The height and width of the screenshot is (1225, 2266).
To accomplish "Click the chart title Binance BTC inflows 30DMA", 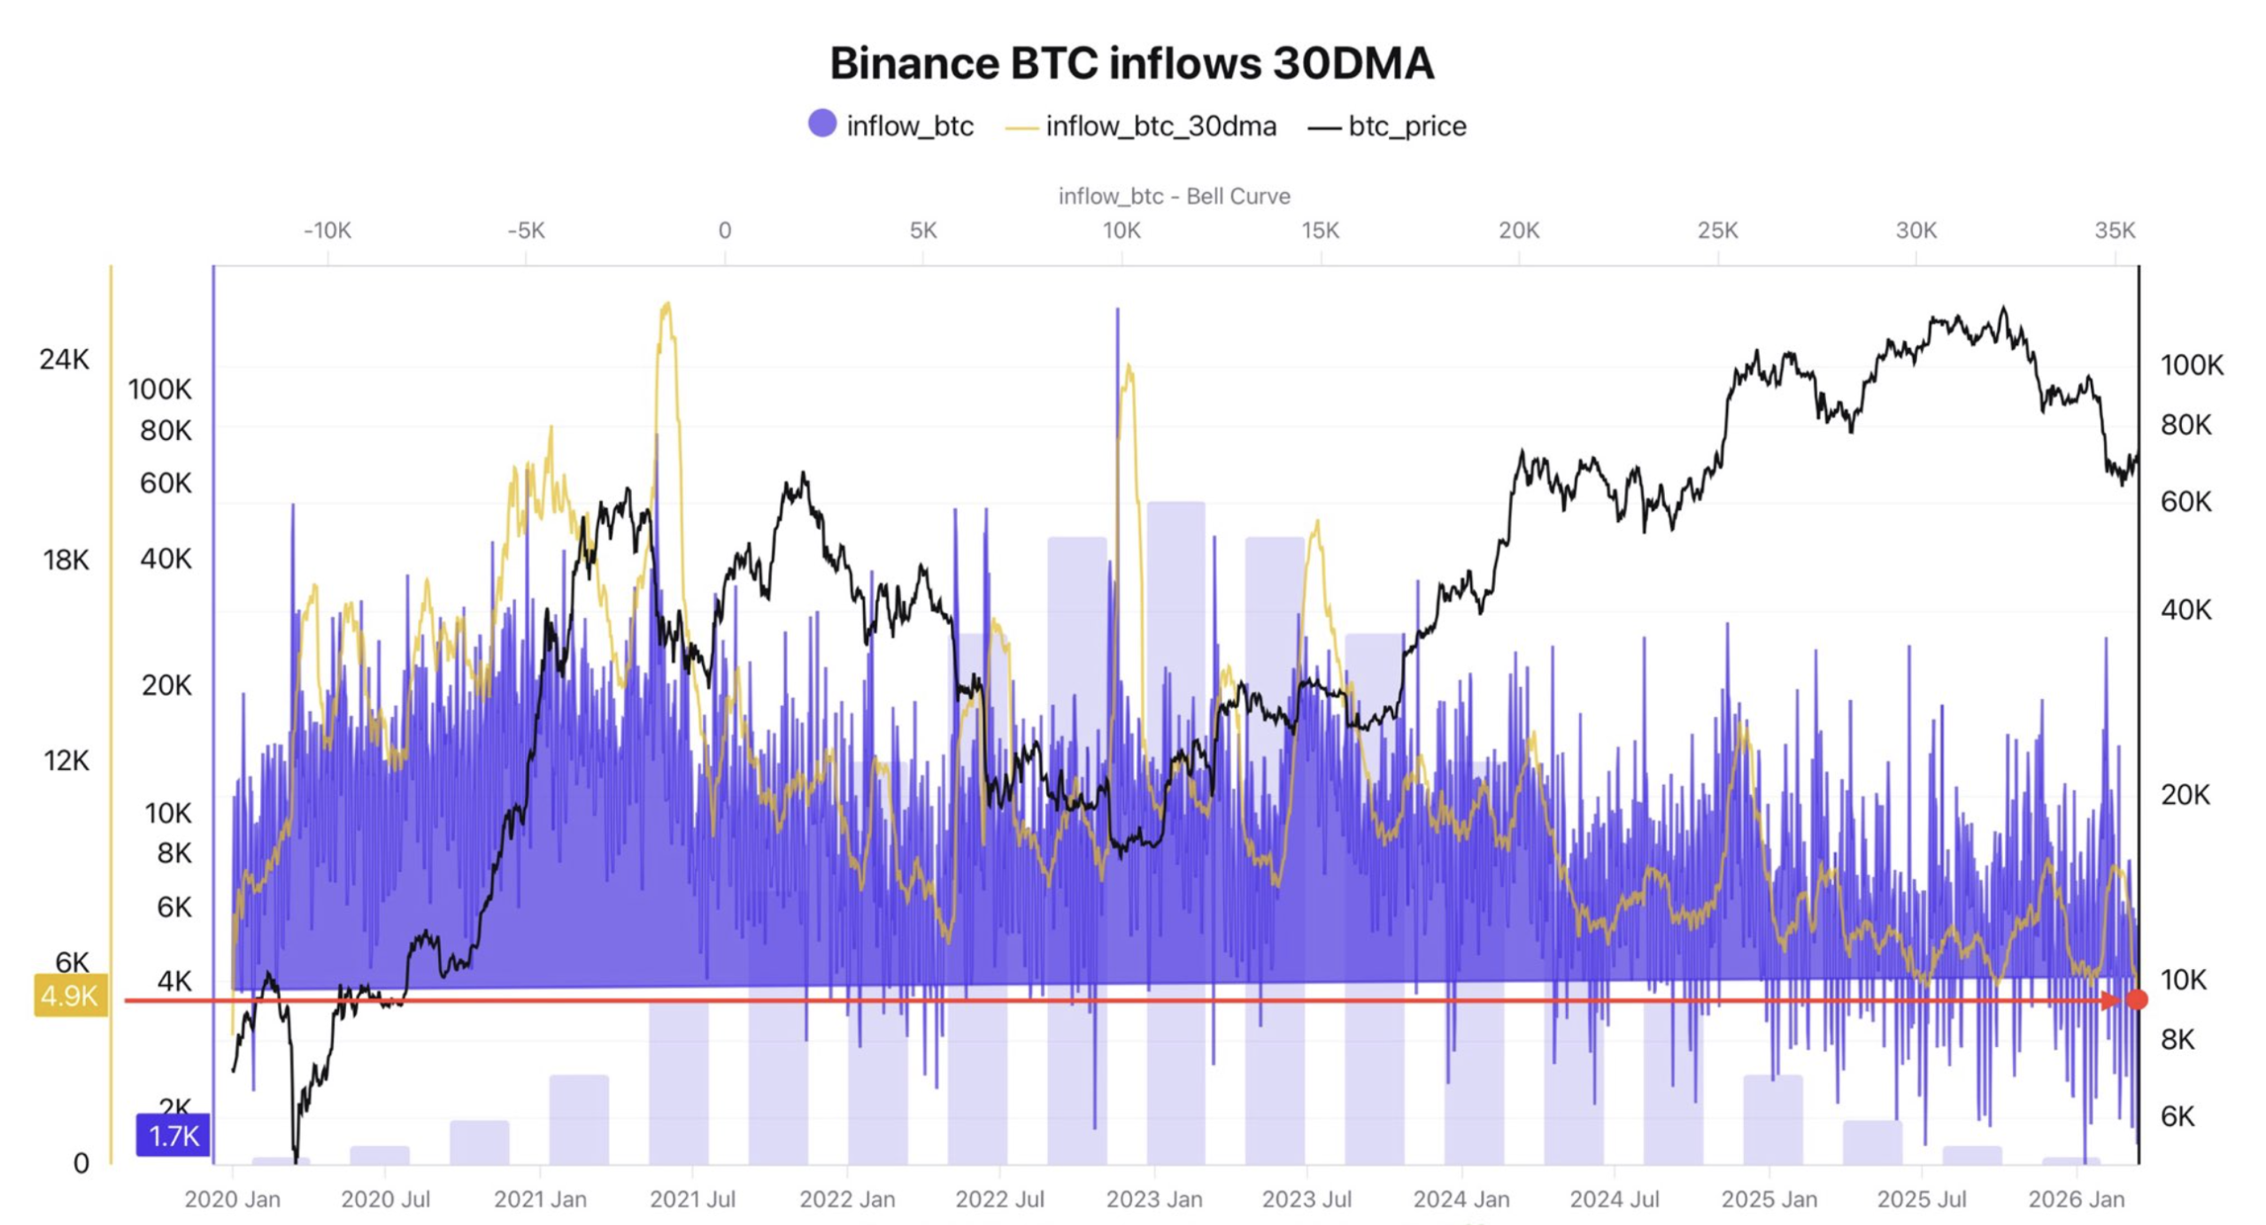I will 1131,64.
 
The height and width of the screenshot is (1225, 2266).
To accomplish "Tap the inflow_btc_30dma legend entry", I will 1141,127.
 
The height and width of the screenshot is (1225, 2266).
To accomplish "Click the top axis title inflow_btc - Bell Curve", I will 1174,196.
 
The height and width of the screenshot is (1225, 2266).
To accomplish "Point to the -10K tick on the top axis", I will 328,231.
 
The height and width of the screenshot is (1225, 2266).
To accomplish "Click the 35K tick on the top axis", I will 2115,231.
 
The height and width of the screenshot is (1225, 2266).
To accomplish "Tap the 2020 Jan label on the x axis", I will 232,1199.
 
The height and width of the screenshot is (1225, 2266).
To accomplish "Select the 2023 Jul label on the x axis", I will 1306,1199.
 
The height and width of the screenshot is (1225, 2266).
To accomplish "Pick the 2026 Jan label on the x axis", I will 2076,1199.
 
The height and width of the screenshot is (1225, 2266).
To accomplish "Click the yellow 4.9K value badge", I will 70,996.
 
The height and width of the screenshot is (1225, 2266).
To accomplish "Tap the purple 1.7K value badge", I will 173,1136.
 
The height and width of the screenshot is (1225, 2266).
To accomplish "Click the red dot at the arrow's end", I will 2137,999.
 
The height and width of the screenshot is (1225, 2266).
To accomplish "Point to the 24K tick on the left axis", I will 65,359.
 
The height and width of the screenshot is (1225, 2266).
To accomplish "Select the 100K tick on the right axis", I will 2192,365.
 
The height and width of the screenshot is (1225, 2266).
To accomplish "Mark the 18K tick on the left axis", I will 66,559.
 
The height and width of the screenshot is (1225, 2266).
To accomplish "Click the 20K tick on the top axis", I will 1519,231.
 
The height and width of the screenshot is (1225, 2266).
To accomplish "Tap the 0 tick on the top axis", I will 725,231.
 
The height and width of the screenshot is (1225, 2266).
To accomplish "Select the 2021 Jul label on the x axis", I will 692,1199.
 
